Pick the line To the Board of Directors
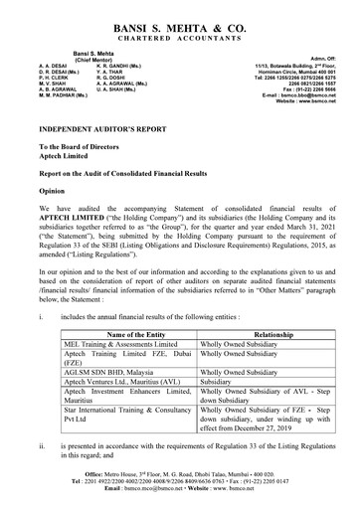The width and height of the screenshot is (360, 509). point(82,147)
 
